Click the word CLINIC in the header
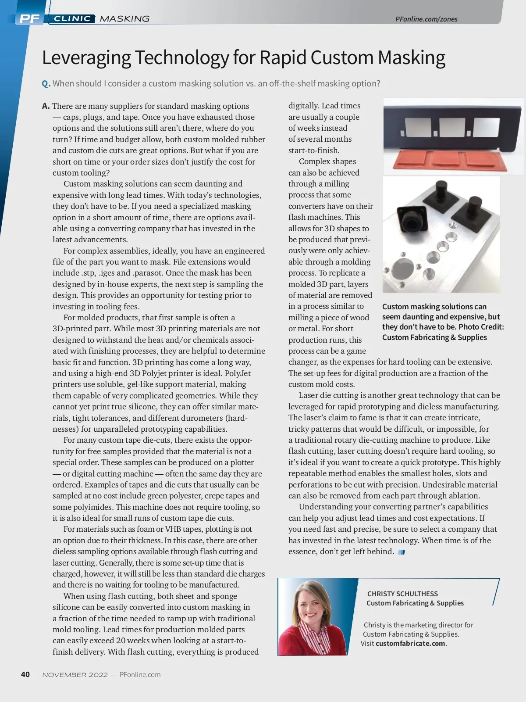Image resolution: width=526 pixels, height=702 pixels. click(x=72, y=18)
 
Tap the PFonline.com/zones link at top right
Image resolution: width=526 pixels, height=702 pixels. click(x=426, y=19)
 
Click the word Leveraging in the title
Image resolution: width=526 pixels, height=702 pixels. click(x=86, y=58)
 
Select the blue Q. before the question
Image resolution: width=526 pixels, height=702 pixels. click(x=46, y=83)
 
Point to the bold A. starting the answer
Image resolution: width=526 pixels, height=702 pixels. click(x=46, y=106)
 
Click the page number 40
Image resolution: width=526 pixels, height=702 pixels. click(x=25, y=674)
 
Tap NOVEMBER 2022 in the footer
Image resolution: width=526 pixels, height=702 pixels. click(x=75, y=675)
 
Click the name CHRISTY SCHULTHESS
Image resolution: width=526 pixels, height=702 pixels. click(x=402, y=594)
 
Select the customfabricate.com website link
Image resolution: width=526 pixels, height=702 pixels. click(x=410, y=644)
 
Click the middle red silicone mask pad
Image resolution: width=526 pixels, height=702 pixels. click(x=443, y=159)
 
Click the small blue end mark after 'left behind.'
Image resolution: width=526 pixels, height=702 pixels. click(x=401, y=552)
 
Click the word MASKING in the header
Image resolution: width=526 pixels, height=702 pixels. click(x=124, y=18)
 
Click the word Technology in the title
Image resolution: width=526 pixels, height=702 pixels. click(x=181, y=58)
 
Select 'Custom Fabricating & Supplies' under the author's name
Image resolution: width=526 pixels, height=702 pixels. click(x=415, y=603)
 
